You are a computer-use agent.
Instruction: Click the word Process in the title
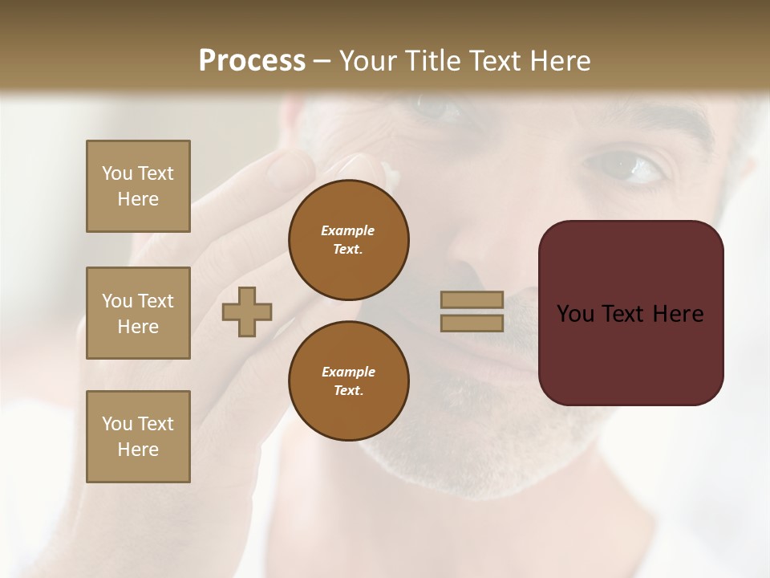click(252, 61)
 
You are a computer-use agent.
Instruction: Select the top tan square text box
click(138, 186)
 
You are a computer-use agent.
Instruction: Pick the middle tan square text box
click(138, 313)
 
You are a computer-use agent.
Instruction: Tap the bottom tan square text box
click(138, 437)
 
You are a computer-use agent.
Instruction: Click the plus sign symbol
click(247, 311)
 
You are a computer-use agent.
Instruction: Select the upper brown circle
click(349, 240)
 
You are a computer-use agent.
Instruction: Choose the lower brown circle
click(349, 381)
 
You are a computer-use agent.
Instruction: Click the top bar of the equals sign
click(472, 300)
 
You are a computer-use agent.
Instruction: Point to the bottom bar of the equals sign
click(472, 323)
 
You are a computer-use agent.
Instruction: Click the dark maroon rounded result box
click(630, 353)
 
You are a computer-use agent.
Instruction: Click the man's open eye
click(626, 168)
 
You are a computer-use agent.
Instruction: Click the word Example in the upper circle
click(347, 230)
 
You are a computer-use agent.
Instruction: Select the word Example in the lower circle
click(348, 372)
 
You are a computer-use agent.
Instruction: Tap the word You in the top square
click(116, 173)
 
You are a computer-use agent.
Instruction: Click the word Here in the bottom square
click(138, 450)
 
